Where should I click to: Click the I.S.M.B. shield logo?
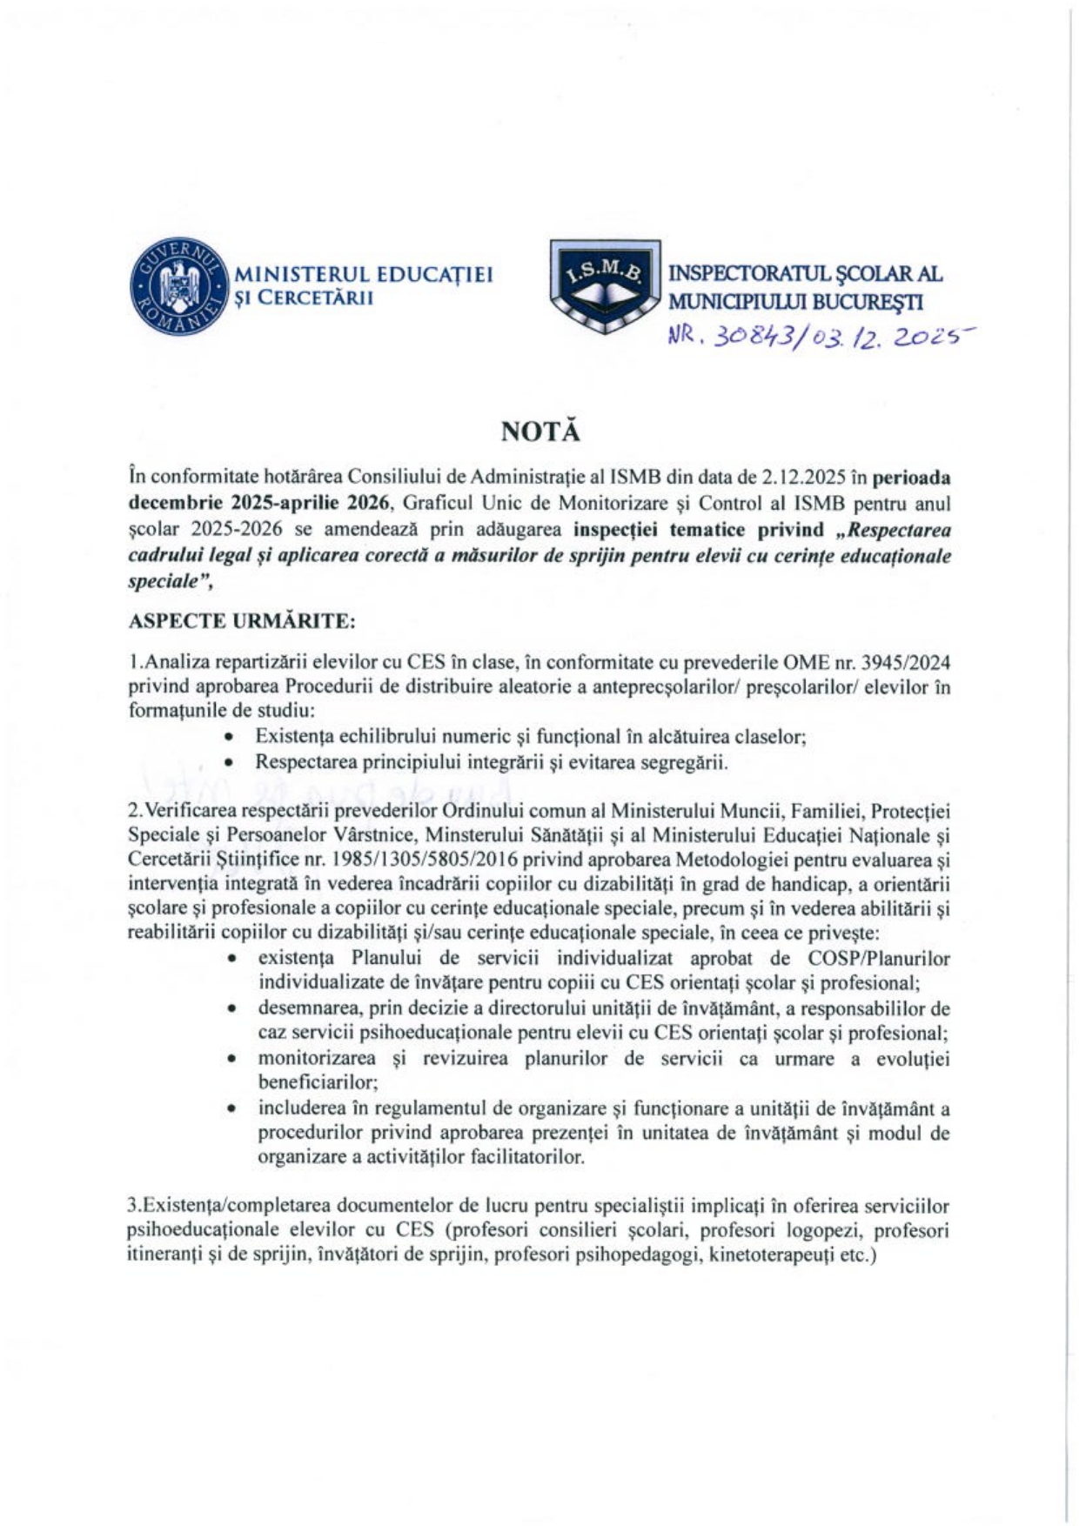[x=605, y=286]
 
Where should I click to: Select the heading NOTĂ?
[x=539, y=432]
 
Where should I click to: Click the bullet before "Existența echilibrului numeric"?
[x=228, y=737]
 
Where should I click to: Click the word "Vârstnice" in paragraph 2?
[x=372, y=835]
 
